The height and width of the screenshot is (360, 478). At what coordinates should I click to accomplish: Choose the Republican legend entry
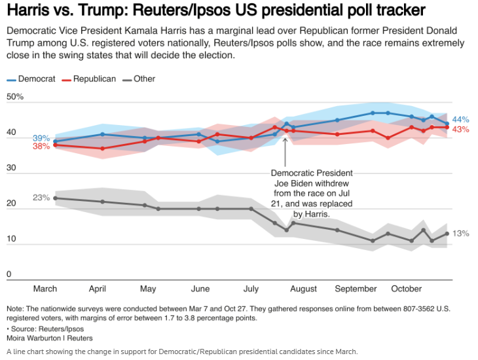[x=94, y=79]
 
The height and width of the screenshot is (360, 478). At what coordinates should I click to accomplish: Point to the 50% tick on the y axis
[x=15, y=97]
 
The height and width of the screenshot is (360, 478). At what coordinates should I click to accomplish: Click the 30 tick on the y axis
[x=10, y=168]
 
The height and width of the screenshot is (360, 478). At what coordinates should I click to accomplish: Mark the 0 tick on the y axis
[x=9, y=274]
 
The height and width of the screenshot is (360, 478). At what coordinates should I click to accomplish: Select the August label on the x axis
[x=303, y=289]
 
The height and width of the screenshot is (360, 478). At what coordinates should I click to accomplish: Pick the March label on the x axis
[x=45, y=289]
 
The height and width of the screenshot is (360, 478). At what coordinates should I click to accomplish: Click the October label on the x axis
[x=406, y=289]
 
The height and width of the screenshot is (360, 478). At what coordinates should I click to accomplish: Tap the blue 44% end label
[x=460, y=120]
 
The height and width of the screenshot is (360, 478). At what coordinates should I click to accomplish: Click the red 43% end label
[x=460, y=130]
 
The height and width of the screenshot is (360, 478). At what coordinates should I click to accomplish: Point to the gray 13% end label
[x=460, y=234]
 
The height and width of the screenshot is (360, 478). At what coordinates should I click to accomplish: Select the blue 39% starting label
[x=41, y=138]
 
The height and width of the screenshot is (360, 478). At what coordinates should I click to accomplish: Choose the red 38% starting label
[x=41, y=147]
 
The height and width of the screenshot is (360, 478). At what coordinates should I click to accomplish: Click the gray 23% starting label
[x=41, y=198]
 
